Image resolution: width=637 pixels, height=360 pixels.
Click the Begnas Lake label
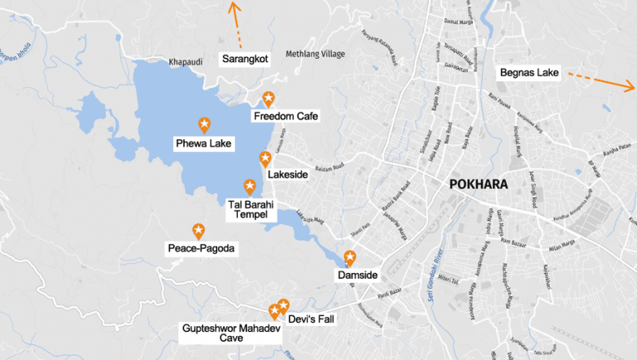[529, 73]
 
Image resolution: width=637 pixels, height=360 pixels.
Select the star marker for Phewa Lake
[204, 124]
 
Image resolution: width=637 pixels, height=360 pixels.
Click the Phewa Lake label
[204, 144]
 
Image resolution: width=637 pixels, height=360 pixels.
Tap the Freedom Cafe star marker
[268, 99]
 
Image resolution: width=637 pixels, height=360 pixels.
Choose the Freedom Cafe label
[284, 116]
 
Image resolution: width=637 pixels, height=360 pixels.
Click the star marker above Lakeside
[265, 158]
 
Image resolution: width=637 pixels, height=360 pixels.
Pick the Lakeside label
[288, 175]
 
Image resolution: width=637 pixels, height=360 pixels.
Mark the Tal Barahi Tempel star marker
[249, 187]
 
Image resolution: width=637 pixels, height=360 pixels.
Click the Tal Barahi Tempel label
[250, 209]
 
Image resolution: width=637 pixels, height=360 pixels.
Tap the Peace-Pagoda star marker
[198, 231]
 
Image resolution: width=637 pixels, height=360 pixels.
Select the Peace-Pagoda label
[202, 248]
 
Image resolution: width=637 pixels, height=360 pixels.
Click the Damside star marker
[350, 257]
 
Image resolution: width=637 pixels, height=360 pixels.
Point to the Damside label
[357, 274]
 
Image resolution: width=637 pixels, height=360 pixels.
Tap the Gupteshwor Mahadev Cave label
[232, 333]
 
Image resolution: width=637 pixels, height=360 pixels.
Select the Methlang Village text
[315, 54]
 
